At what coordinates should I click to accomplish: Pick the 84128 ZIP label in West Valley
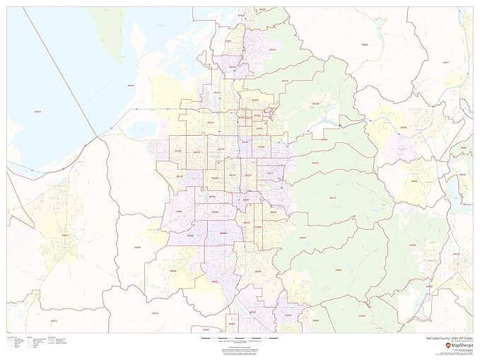[178, 151]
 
